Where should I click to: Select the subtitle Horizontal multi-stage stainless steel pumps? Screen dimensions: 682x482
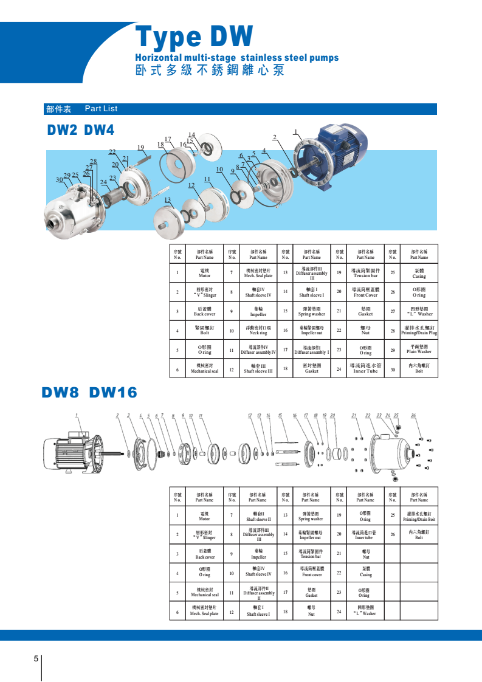[236, 58]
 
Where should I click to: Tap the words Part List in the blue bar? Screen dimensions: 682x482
[101, 109]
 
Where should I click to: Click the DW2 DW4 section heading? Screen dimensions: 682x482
[81, 130]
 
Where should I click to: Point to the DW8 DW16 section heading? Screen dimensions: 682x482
[89, 393]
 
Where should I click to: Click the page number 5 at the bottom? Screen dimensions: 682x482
[36, 659]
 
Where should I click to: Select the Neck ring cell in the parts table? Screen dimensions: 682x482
[258, 331]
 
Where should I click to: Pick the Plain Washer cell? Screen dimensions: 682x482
[419, 350]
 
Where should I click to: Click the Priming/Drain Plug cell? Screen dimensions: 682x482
[419, 331]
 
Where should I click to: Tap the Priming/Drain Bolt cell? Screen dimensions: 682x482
[419, 517]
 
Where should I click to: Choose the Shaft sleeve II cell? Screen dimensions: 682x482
[258, 517]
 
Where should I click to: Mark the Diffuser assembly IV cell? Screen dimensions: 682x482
[258, 350]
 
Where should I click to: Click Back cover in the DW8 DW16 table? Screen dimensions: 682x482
[204, 555]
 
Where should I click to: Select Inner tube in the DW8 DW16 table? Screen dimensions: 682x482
[365, 536]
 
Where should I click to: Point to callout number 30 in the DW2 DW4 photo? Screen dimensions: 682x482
[60, 179]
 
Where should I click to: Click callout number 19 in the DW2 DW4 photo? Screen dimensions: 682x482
[140, 148]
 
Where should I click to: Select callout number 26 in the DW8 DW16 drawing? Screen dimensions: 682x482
[413, 416]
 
